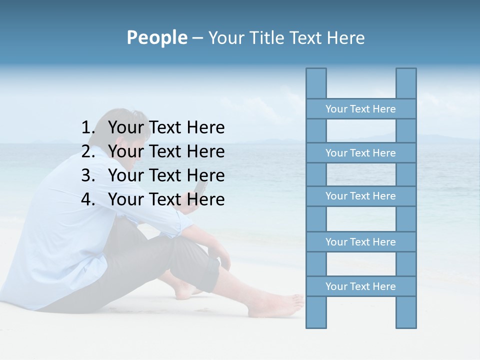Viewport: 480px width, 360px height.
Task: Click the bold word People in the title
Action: point(156,37)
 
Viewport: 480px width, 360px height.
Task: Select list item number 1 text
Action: point(166,128)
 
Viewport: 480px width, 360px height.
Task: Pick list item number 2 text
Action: point(166,151)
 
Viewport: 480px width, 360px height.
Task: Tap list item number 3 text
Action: point(166,175)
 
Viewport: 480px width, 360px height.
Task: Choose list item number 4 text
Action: point(166,199)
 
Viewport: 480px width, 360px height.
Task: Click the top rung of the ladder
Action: point(360,109)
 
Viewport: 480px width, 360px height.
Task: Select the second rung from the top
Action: point(360,153)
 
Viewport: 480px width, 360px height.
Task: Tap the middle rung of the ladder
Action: point(360,196)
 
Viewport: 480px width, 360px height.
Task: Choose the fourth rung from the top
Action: point(360,242)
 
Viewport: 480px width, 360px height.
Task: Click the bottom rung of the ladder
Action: point(360,286)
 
